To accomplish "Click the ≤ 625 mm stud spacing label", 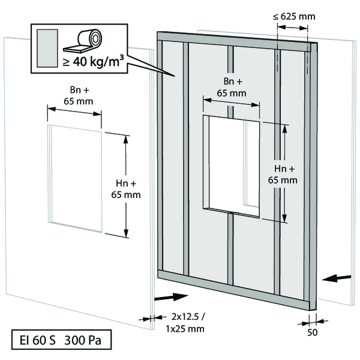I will pyautogui.click(x=293, y=16).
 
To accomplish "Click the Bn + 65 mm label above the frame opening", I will pyautogui.click(x=232, y=86).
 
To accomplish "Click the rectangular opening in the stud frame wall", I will pyautogui.click(x=231, y=165).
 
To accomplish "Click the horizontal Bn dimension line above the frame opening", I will pyautogui.click(x=232, y=103).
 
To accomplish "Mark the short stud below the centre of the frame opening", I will pyautogui.click(x=230, y=249).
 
